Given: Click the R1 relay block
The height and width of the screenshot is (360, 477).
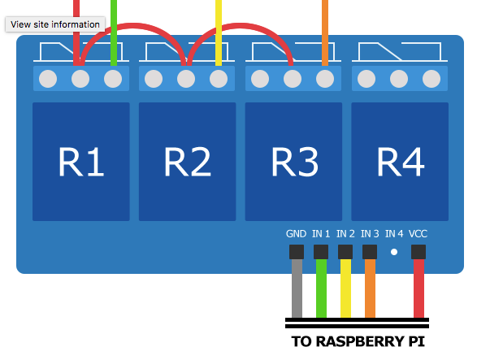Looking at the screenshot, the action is coord(81,162).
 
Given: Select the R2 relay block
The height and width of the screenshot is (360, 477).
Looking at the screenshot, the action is coord(188,162).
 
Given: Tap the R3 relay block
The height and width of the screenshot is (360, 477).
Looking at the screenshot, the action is coord(293,162).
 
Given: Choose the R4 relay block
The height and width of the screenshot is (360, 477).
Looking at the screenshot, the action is coord(400,162).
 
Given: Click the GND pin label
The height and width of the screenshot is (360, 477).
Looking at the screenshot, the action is coord(296,234).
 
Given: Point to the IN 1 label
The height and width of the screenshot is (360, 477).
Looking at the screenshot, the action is coord(321,234).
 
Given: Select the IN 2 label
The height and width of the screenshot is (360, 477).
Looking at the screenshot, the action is coord(345,234).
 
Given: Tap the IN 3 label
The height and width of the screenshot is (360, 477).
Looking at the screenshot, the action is coord(370,234).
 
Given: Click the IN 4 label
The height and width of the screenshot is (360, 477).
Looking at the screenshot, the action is coord(394,234).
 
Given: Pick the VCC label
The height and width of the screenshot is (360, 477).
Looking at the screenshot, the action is coord(418,234).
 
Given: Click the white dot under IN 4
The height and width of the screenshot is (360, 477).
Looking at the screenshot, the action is coord(394,252).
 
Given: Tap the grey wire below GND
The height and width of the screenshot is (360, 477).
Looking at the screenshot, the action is coord(297,288).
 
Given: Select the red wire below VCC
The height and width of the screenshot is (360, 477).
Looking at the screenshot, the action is coord(418,288).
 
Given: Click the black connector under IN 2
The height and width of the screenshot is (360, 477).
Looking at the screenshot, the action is coord(345,252).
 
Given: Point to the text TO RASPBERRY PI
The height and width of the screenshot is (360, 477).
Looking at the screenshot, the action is coord(358,341).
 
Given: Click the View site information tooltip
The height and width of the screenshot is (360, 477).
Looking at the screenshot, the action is coord(55,24).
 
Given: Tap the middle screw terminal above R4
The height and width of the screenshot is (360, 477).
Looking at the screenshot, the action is coord(399,79).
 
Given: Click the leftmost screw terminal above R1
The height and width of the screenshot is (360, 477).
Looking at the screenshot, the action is coord(48,79).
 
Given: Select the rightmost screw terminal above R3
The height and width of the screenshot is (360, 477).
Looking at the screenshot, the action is coord(325,79).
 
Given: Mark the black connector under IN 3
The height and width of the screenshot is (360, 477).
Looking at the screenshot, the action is coord(370,252).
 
